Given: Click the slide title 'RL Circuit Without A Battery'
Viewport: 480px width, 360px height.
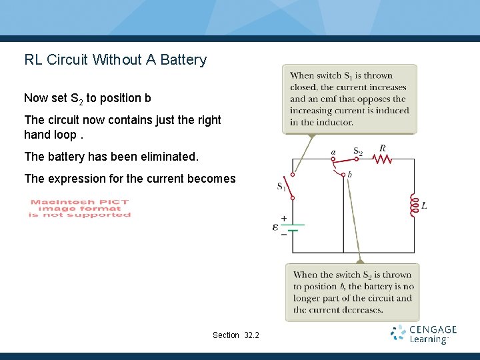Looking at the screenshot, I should click(x=115, y=60).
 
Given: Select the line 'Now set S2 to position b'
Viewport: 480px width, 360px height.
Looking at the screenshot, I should click(x=87, y=99).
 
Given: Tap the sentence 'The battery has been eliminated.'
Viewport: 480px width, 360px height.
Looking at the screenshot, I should click(x=111, y=157).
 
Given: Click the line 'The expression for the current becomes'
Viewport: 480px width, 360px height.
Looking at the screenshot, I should click(x=129, y=179).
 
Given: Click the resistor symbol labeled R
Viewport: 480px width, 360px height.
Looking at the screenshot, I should click(x=382, y=159).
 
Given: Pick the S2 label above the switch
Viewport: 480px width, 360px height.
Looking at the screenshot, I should click(x=358, y=151).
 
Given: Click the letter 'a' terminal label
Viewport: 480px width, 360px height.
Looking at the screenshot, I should click(x=333, y=152).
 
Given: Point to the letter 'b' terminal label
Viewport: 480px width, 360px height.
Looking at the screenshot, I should click(x=350, y=175).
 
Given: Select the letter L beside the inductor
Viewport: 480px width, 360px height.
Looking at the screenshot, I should click(x=425, y=206).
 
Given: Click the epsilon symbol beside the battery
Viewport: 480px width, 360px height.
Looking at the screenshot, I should click(x=275, y=227).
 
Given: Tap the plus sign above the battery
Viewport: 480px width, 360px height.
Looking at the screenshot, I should click(x=284, y=218).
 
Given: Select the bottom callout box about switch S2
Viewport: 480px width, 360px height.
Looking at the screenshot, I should click(x=353, y=292).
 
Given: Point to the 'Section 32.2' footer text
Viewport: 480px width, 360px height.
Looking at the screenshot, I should click(x=236, y=335).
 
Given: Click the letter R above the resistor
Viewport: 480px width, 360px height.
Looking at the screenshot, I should click(x=382, y=149).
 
